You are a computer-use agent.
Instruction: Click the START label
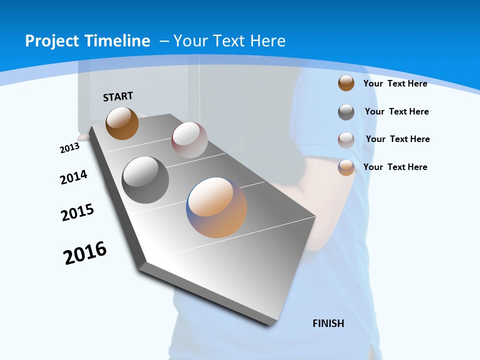(x=118, y=96)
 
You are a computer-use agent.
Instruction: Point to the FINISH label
(x=328, y=323)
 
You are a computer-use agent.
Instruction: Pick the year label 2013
(x=69, y=148)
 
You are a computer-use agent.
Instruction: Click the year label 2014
(x=74, y=177)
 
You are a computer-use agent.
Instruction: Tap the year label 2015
(x=77, y=212)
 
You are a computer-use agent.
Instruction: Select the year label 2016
(x=85, y=252)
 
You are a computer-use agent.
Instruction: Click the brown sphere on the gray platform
(x=122, y=123)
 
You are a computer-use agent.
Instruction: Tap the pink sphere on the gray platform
(x=189, y=140)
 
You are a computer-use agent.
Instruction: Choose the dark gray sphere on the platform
(x=145, y=180)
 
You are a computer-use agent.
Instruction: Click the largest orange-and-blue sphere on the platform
(x=216, y=207)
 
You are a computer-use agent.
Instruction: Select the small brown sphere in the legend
(x=346, y=83)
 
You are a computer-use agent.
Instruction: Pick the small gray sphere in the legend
(x=346, y=112)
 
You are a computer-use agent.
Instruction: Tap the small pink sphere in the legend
(x=346, y=140)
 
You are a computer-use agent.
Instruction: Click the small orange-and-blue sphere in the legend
(x=346, y=167)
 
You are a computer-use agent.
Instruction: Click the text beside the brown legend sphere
(x=395, y=83)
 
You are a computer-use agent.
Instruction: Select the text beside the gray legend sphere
(x=396, y=111)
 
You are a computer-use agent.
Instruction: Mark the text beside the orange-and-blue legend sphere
(x=395, y=167)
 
